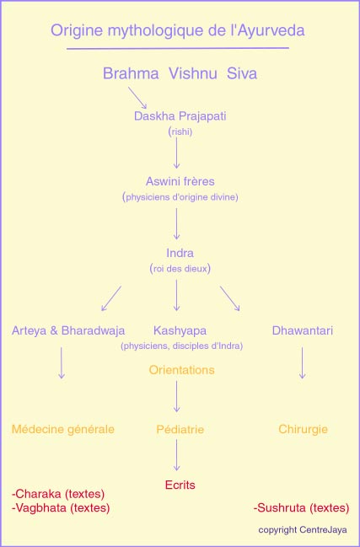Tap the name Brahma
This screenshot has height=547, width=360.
click(131, 74)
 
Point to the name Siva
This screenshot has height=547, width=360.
click(242, 74)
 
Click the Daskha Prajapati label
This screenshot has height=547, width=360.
click(180, 116)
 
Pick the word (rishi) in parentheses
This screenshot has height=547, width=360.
click(180, 132)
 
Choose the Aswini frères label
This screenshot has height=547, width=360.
click(180, 181)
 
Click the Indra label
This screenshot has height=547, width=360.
click(180, 253)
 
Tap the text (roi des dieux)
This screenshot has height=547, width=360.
click(180, 269)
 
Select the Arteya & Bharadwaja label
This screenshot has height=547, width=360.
click(68, 330)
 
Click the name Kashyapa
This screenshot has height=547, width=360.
click(180, 331)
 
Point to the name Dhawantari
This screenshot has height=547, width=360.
click(303, 330)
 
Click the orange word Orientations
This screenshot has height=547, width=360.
click(182, 370)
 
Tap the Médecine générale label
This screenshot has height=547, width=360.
click(63, 430)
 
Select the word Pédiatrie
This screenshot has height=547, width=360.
click(180, 430)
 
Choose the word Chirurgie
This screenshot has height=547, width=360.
click(304, 430)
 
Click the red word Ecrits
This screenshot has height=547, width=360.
click(180, 485)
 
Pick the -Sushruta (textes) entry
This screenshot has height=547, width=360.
click(301, 508)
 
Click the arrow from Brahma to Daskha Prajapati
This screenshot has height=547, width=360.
click(137, 98)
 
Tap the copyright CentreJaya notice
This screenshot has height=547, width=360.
click(303, 530)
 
